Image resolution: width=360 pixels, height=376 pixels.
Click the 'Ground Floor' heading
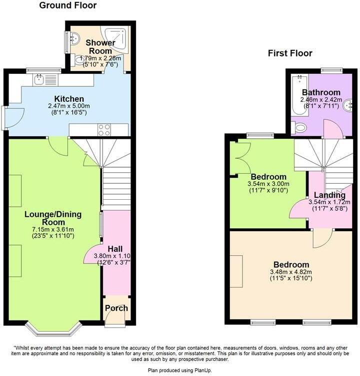click(x=67, y=6)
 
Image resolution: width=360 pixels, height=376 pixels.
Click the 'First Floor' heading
click(x=290, y=53)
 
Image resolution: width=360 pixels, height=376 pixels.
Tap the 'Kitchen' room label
click(x=69, y=98)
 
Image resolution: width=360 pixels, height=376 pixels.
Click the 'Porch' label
click(x=116, y=308)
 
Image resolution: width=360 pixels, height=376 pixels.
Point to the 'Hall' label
click(x=115, y=249)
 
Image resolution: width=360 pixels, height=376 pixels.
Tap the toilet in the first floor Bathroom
click(x=300, y=128)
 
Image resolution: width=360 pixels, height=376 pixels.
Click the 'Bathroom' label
click(x=321, y=92)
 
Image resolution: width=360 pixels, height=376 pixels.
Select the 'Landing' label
click(x=329, y=195)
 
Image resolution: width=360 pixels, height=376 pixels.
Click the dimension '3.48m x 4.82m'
click(x=290, y=272)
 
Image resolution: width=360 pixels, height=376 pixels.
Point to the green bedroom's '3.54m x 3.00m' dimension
click(x=268, y=184)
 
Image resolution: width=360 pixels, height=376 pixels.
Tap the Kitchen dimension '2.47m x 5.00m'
click(x=69, y=106)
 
